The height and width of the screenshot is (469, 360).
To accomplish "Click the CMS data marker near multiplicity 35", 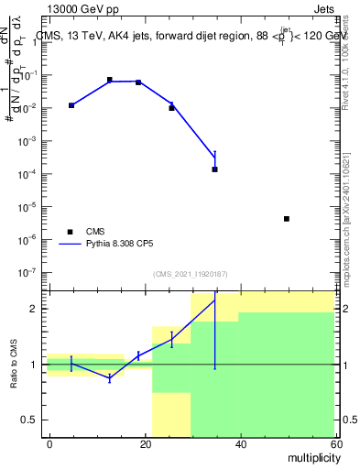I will coord(214,169).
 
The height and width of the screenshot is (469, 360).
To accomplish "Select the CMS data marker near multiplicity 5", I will coord(71,105).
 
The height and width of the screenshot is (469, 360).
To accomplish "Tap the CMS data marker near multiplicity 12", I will coord(109,80).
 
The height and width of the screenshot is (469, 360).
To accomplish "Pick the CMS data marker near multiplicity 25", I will coord(171,108).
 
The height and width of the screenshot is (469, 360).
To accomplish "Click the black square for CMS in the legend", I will coord(70,231).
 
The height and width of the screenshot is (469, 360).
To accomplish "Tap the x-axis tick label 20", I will coord(145,444).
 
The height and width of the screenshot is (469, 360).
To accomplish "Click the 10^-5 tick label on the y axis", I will coord(32,207).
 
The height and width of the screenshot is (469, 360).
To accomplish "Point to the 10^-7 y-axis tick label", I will coord(32,273).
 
